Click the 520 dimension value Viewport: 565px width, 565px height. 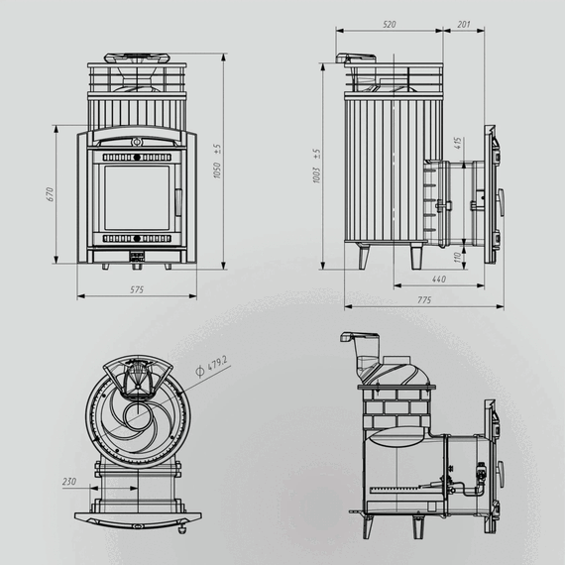[390, 24]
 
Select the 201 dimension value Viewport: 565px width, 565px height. [464, 24]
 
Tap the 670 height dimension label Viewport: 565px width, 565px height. [50, 194]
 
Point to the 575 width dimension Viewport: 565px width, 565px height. [137, 289]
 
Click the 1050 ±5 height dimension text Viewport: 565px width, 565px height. [216, 161]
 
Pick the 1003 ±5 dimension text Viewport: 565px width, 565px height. [316, 167]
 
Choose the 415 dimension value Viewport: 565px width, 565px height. [458, 144]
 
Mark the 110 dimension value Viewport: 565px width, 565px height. [457, 258]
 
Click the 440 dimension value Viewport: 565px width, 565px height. [438, 280]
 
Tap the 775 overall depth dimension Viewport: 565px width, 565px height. [424, 300]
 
